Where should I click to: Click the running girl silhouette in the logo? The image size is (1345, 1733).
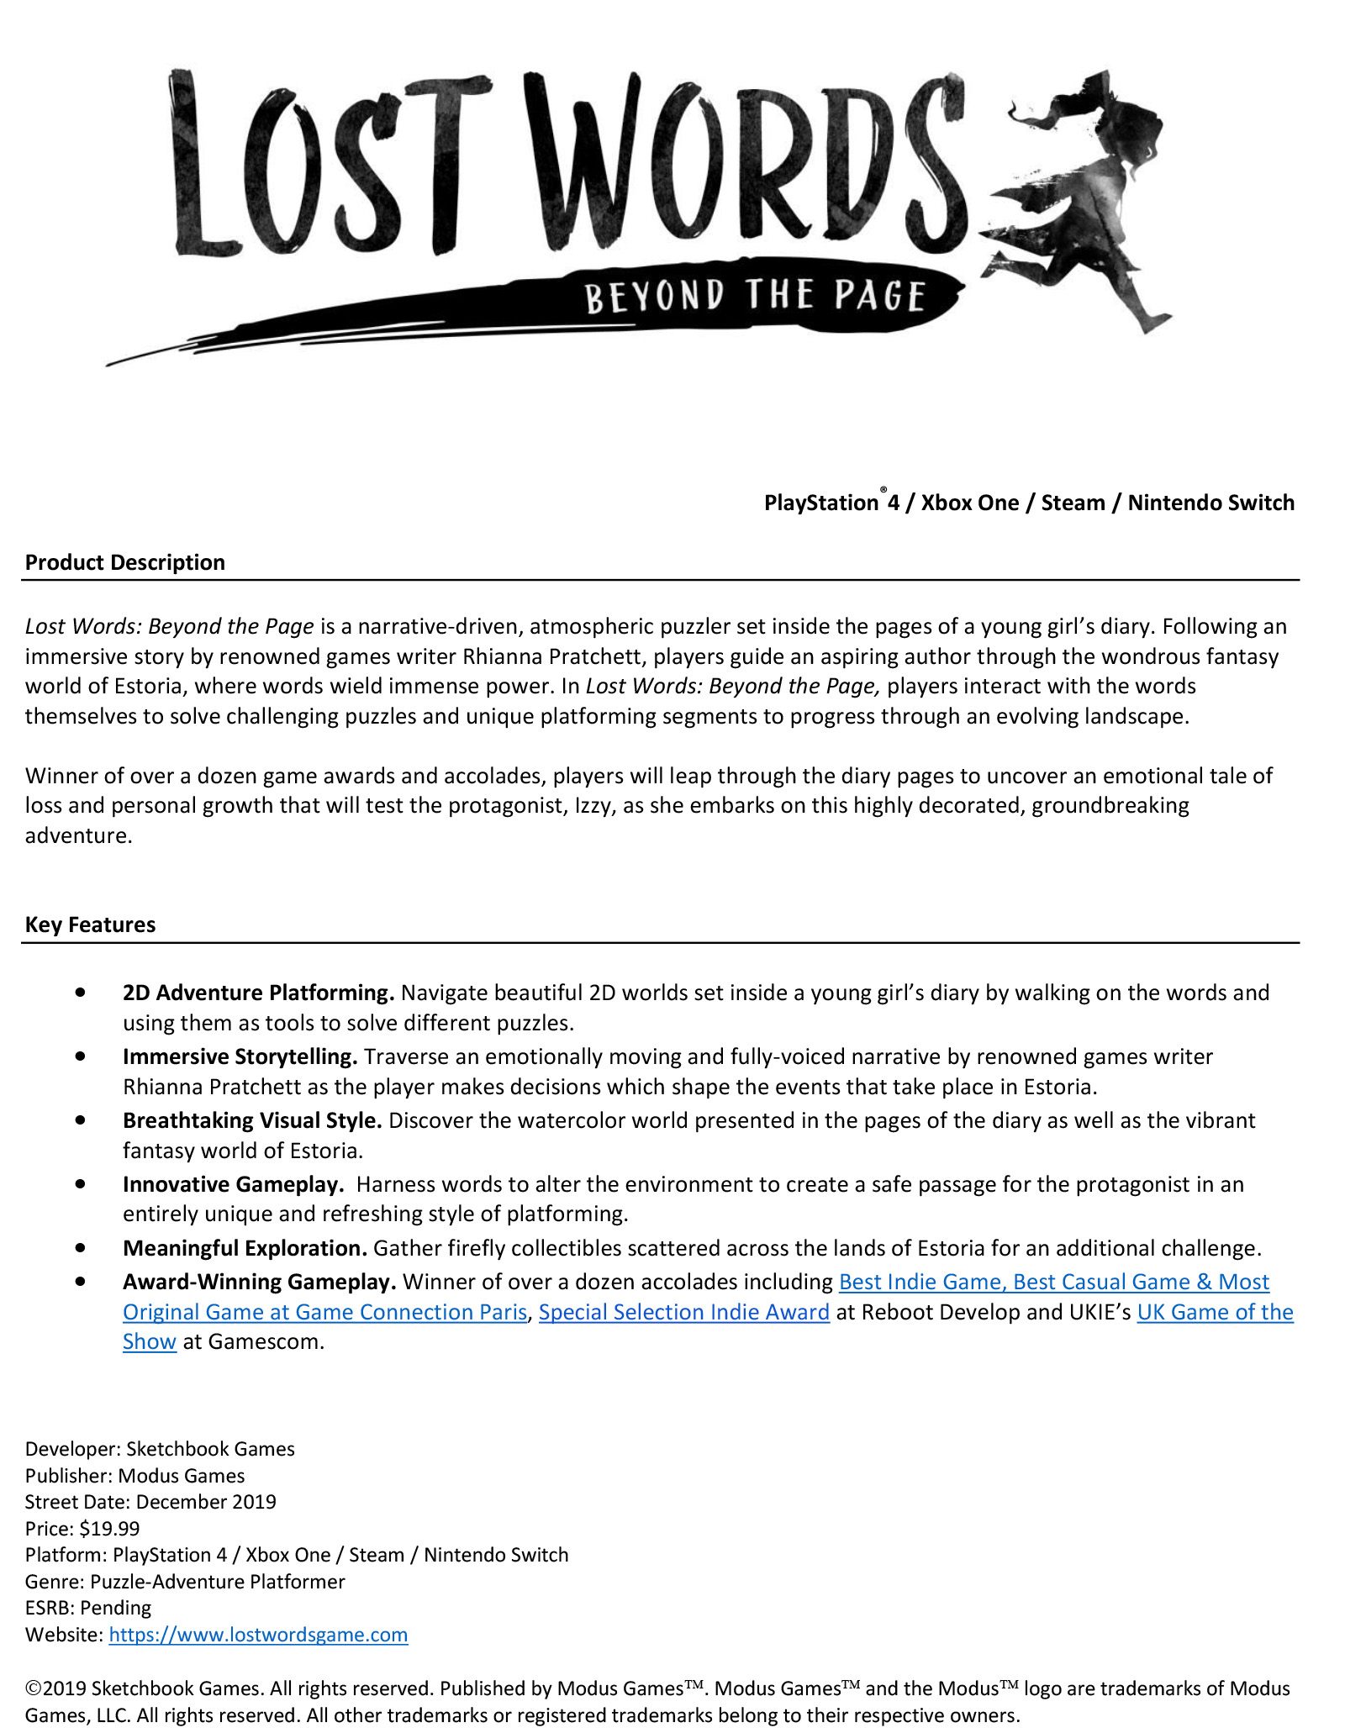(1084, 210)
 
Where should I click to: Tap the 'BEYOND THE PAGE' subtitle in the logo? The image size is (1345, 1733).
(754, 296)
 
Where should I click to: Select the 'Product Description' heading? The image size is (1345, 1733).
(125, 562)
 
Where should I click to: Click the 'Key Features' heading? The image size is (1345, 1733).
(91, 924)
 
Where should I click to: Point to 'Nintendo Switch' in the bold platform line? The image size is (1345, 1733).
(1210, 503)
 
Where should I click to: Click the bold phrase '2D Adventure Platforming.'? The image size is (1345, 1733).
(259, 993)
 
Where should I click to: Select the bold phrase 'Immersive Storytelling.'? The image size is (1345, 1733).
(240, 1056)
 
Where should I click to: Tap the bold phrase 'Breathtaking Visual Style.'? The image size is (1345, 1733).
(252, 1120)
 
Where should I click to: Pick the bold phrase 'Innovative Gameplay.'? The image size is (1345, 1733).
(234, 1184)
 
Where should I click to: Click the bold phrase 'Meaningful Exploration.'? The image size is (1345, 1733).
(245, 1248)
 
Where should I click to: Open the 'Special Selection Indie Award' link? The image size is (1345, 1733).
(683, 1312)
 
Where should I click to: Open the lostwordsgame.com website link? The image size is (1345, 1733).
(258, 1635)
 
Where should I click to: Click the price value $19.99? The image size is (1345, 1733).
(109, 1528)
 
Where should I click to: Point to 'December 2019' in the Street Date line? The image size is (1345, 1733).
(206, 1502)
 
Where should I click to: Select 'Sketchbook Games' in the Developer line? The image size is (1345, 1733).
(210, 1449)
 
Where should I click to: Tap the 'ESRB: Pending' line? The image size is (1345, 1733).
(88, 1608)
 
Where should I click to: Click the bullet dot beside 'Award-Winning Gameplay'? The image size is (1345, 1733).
(81, 1282)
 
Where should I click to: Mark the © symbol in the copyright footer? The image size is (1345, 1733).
(34, 1688)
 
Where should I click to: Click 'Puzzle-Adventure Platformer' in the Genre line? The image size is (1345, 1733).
(218, 1582)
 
